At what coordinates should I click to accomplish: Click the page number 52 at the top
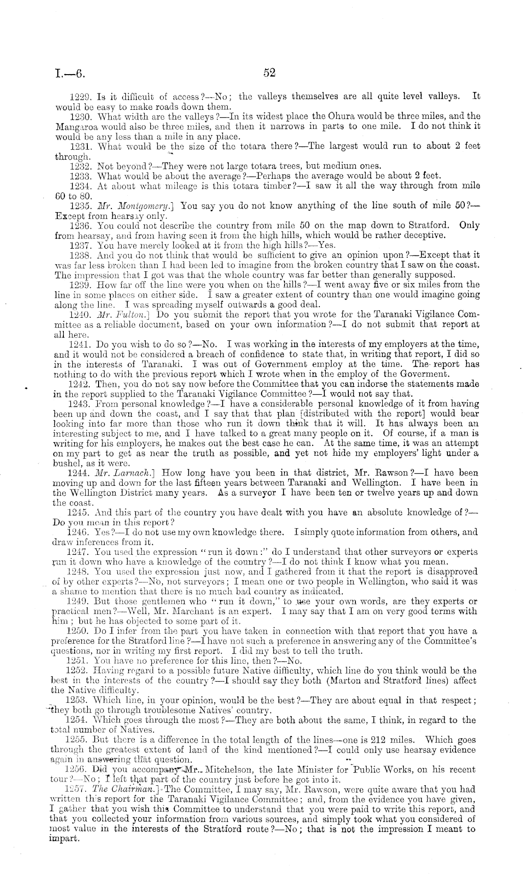tap(269, 72)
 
